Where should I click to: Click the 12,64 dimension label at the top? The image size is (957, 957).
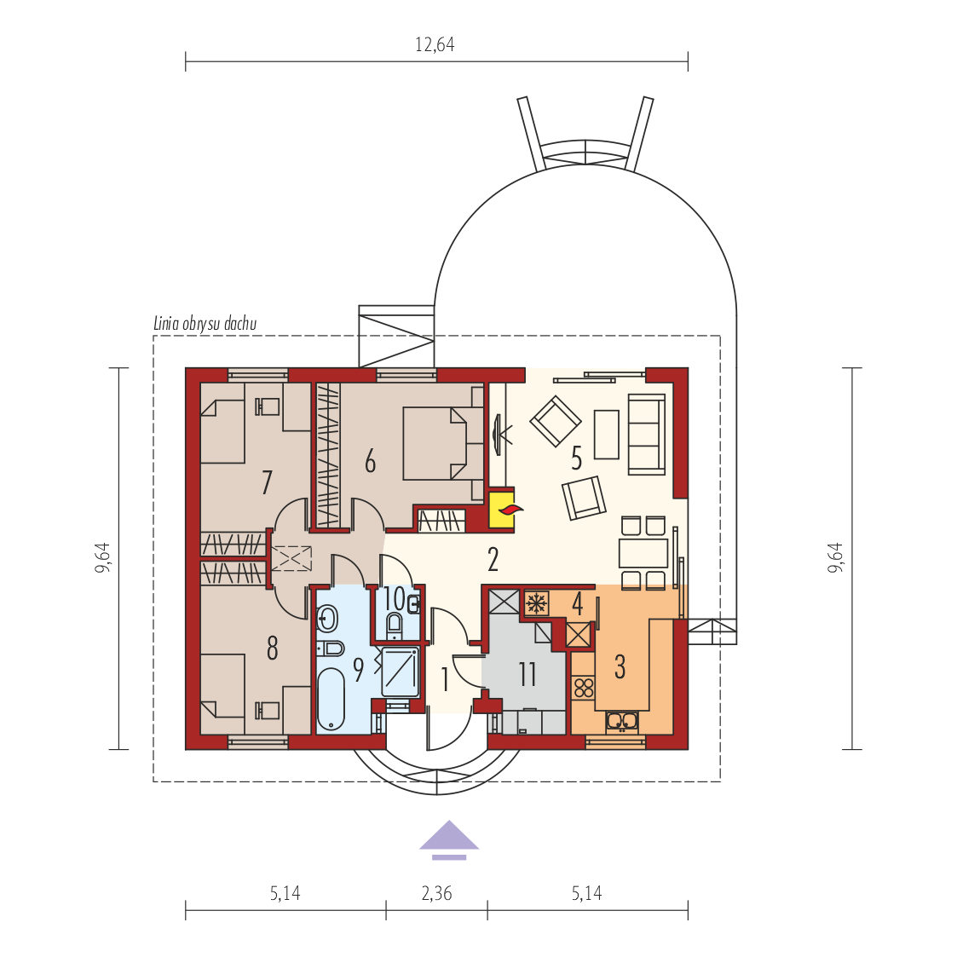435,44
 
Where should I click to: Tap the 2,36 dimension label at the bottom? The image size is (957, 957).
436,894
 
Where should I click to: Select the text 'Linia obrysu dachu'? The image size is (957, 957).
205,323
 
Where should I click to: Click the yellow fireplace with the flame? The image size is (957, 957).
502,509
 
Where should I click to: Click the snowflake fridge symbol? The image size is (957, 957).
537,603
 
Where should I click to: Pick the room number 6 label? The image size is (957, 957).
370,461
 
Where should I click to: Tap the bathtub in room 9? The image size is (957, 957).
331,700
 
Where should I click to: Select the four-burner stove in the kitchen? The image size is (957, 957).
584,687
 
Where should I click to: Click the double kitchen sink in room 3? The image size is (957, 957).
622,722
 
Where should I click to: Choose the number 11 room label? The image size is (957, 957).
528,674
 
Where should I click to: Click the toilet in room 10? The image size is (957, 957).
395,625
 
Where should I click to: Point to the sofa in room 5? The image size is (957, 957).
646,434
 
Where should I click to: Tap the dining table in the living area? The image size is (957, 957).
643,553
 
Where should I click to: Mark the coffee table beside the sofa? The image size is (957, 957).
607,434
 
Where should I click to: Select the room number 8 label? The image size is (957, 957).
272,649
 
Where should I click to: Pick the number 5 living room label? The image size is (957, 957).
576,458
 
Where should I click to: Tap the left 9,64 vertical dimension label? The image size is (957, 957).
102,557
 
